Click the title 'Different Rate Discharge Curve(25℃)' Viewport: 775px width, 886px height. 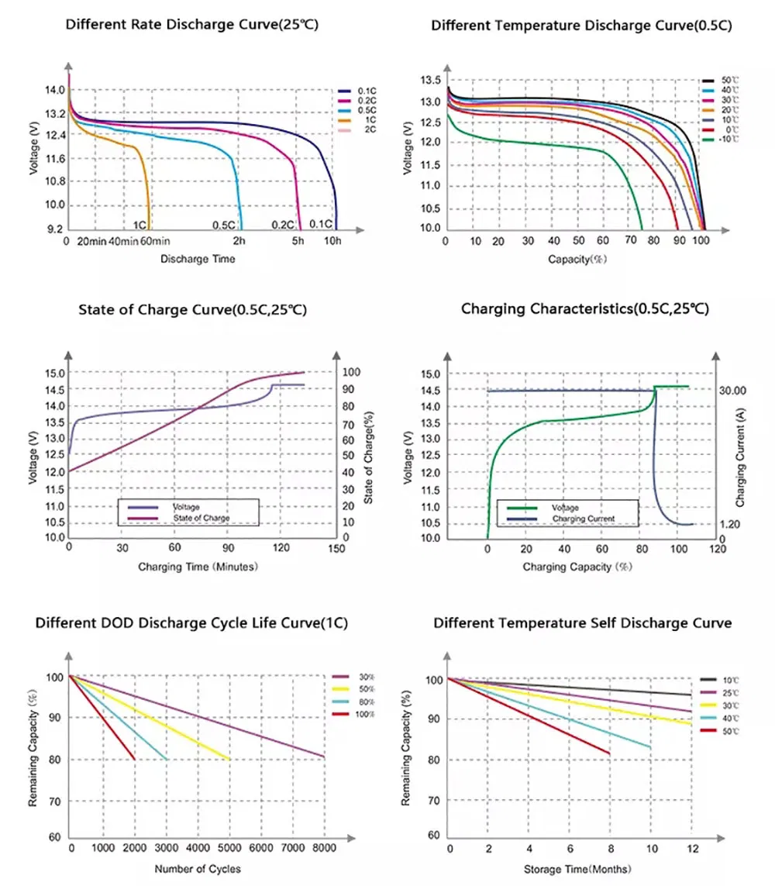coord(192,25)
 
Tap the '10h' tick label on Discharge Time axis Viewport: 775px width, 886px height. coord(333,242)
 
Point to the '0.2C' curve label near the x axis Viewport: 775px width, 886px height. coord(282,225)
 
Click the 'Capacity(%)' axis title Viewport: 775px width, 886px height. coord(577,259)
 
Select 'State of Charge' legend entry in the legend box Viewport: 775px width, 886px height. coord(201,518)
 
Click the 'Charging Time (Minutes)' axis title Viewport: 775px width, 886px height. coord(198,567)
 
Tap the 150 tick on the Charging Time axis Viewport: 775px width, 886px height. coord(336,549)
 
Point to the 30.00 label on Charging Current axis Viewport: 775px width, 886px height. coord(732,391)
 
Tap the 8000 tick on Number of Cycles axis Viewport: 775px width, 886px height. coord(323,849)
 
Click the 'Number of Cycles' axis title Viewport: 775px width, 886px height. coord(198,869)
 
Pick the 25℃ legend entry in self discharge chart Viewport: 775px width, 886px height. coord(729,692)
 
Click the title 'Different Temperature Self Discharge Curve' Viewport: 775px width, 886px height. coord(582,623)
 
